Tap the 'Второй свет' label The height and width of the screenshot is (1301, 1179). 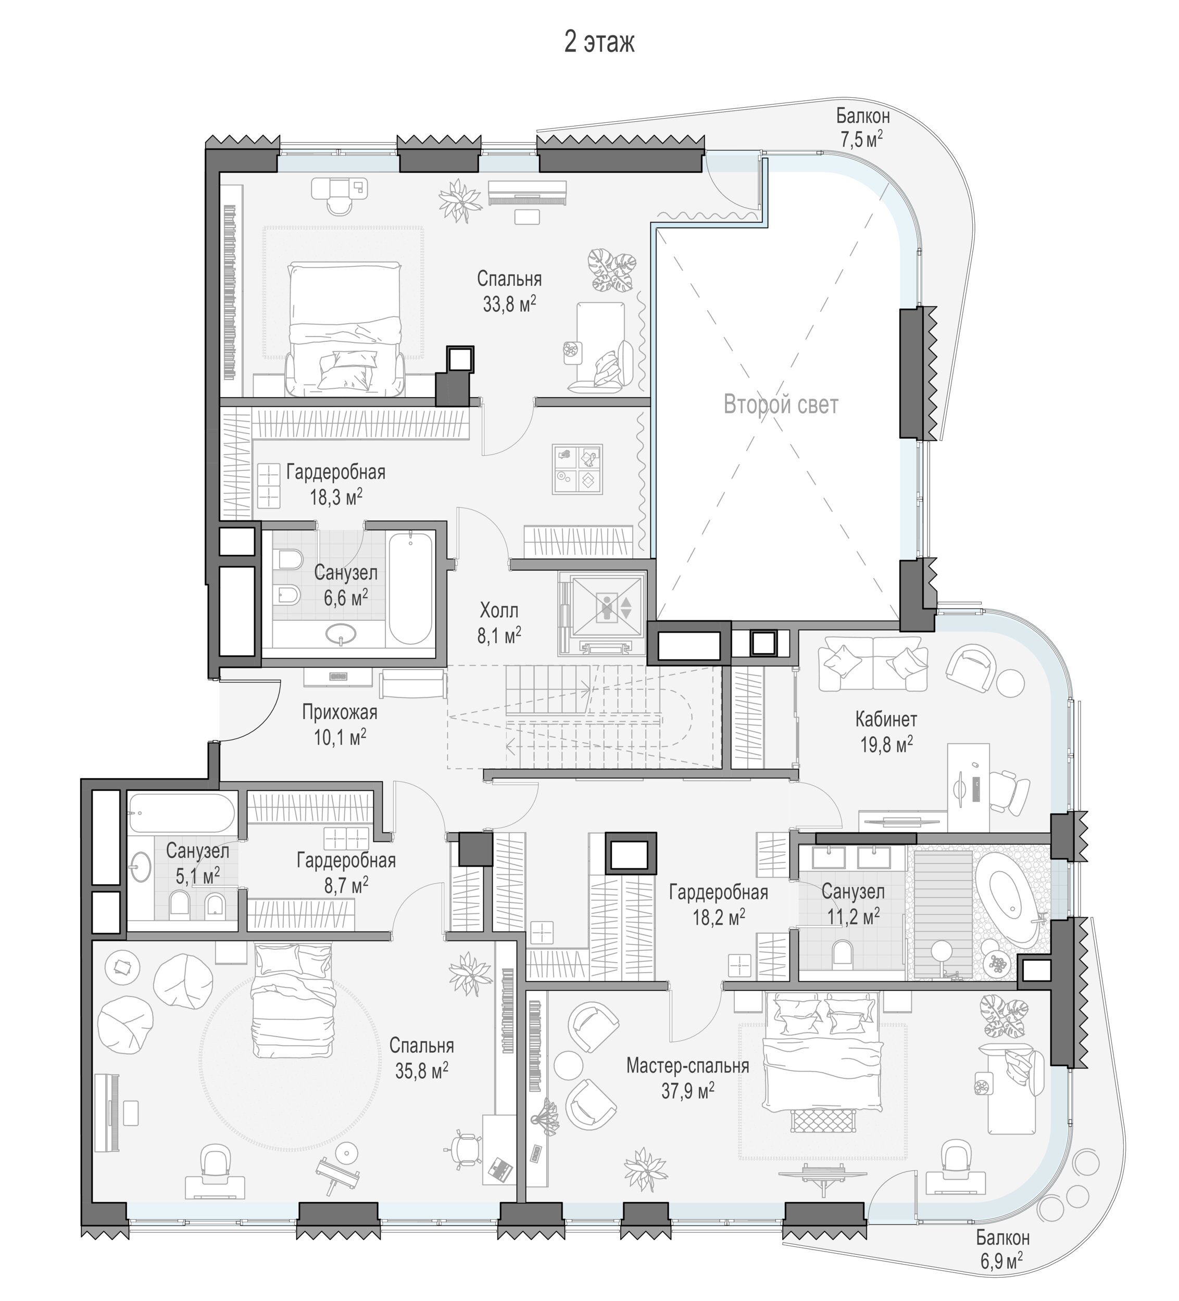point(781,405)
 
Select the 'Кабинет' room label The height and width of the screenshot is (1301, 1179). point(886,719)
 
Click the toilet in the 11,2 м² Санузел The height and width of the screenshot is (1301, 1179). point(842,954)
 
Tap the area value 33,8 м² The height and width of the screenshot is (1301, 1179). point(509,304)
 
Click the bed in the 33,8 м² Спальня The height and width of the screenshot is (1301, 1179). point(345,328)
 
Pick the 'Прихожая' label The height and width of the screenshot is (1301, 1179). point(340,712)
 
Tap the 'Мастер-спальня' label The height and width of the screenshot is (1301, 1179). point(687,1065)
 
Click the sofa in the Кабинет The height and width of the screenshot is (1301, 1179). point(873,663)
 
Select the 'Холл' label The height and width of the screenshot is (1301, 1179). point(499,610)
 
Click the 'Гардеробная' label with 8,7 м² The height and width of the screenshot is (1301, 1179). point(346,860)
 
